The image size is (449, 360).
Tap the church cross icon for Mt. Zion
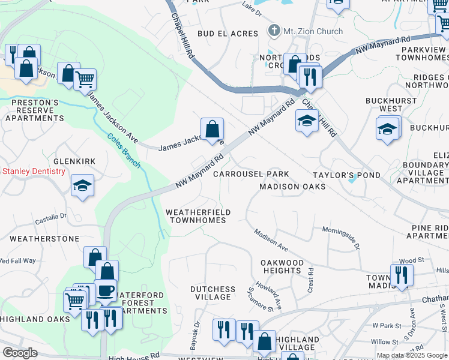point(274,31)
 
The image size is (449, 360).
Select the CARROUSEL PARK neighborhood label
point(252,174)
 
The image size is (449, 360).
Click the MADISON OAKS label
point(292,187)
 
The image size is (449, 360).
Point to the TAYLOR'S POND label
point(346,174)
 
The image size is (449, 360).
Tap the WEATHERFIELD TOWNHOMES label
point(196,216)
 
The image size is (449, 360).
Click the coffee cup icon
point(106,291)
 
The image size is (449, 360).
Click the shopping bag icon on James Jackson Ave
point(212,129)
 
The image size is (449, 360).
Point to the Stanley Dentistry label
point(33,172)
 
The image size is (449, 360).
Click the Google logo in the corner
point(20,352)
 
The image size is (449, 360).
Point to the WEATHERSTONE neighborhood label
point(44,239)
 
